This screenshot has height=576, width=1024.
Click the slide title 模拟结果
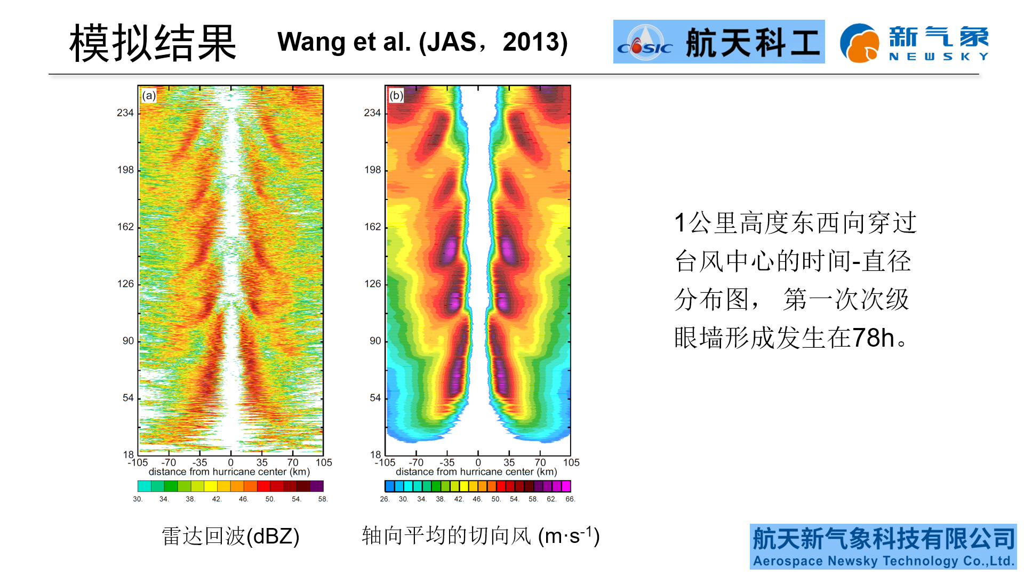pos(153,43)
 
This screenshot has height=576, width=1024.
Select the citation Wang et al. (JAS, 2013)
pos(422,42)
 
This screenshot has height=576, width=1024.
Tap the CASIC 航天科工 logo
pos(718,42)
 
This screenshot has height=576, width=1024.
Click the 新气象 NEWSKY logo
pos(914,43)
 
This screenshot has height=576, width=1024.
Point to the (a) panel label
pos(149,95)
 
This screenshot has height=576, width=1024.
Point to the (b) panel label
pos(396,95)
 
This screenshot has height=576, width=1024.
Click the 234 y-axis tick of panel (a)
pos(125,113)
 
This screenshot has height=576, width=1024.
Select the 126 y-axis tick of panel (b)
pos(373,284)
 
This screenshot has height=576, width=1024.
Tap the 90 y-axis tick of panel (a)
pos(128,341)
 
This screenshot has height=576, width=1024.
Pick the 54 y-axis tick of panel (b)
pos(375,398)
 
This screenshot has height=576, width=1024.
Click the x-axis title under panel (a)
pos(229,472)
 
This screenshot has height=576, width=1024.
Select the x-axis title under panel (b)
pos(476,472)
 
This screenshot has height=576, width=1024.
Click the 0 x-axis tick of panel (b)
pos(478,462)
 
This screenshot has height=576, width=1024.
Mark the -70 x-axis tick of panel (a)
pos(169,462)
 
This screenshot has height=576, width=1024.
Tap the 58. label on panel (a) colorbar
pos(323,499)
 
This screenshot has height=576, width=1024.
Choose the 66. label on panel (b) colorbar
pos(570,499)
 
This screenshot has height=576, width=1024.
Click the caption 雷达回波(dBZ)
pos(230,536)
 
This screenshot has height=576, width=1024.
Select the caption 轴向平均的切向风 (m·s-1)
pos(481,536)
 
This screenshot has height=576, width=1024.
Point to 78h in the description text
pos(873,338)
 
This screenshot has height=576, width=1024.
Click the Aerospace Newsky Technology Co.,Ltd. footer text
pos(883,561)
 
